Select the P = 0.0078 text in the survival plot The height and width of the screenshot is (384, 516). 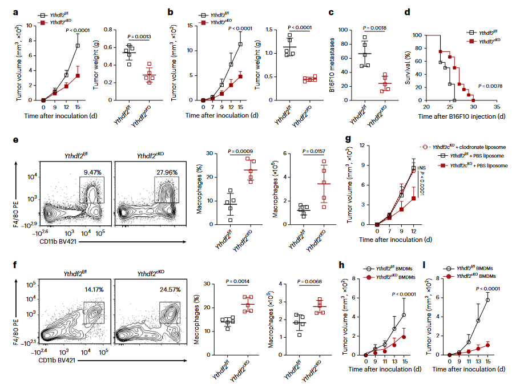(490, 86)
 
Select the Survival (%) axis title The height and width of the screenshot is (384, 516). (408, 67)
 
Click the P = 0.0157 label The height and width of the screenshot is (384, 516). (308, 151)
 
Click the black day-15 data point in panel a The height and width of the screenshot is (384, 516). (78, 46)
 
